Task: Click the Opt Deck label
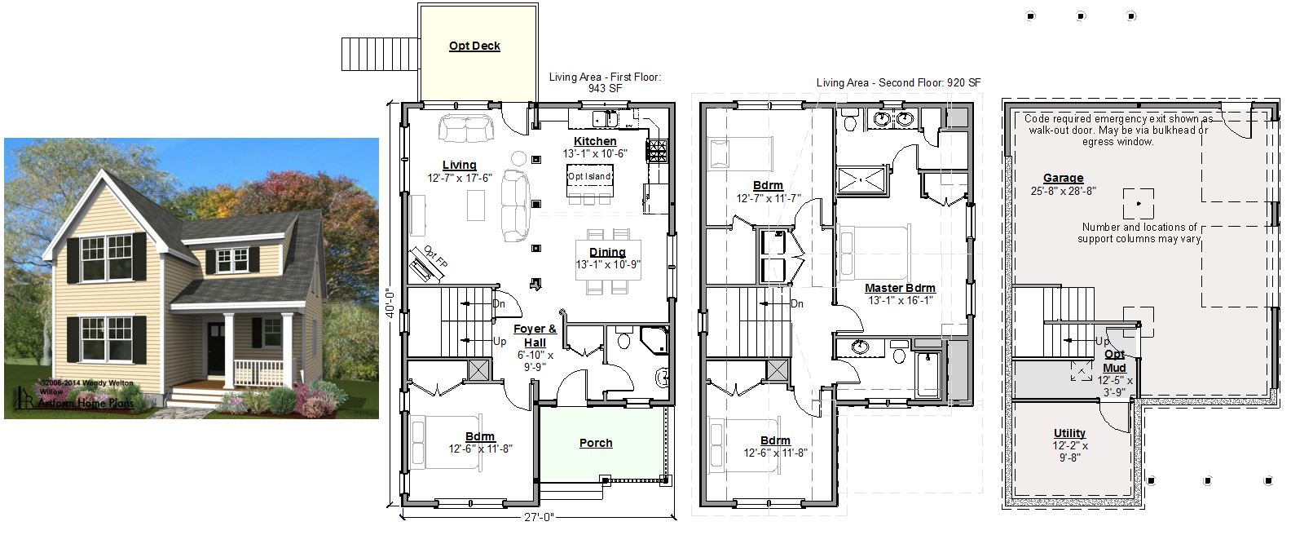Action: coord(474,46)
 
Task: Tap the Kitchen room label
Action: coord(595,141)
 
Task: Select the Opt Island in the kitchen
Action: coord(589,180)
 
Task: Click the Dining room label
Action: coord(607,252)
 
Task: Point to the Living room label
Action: coord(460,166)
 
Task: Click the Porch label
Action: coord(595,443)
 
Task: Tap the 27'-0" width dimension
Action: coord(539,517)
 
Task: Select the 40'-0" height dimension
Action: coord(391,303)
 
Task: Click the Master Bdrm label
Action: coord(900,289)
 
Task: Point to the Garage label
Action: coord(1063,178)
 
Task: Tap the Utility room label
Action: coord(1069,433)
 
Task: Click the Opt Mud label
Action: coord(1114,361)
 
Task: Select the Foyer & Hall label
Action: coord(535,335)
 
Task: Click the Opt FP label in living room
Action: coord(435,257)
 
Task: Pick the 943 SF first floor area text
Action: coord(605,89)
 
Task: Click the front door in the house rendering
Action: coord(215,347)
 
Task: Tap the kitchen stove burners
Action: coord(656,151)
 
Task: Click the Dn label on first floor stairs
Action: coord(499,304)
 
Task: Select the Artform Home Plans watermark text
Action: coord(86,403)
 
